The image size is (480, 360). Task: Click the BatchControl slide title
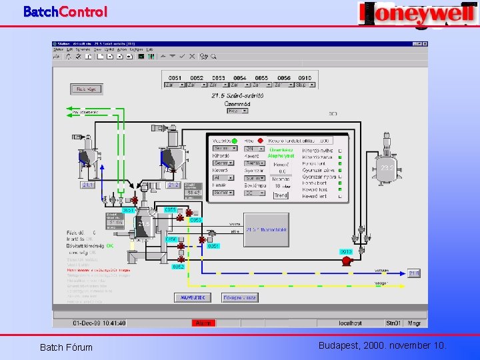tap(65, 11)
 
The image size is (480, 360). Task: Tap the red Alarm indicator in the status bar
tap(203, 323)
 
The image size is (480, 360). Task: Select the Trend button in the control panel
tap(281, 195)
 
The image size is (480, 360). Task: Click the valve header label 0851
tap(175, 78)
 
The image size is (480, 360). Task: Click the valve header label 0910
tap(304, 78)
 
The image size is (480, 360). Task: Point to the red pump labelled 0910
tap(346, 261)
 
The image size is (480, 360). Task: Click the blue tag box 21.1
tap(88, 185)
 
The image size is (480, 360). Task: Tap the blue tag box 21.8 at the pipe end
tap(414, 273)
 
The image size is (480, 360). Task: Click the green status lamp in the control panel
tap(235, 141)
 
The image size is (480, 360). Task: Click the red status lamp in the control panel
tap(262, 141)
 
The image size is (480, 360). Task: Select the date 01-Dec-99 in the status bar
tap(88, 323)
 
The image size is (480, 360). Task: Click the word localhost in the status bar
tap(350, 323)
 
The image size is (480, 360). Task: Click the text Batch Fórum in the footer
tap(66, 347)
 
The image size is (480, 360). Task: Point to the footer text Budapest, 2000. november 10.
tap(383, 345)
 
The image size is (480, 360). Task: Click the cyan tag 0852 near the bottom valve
tap(178, 267)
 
